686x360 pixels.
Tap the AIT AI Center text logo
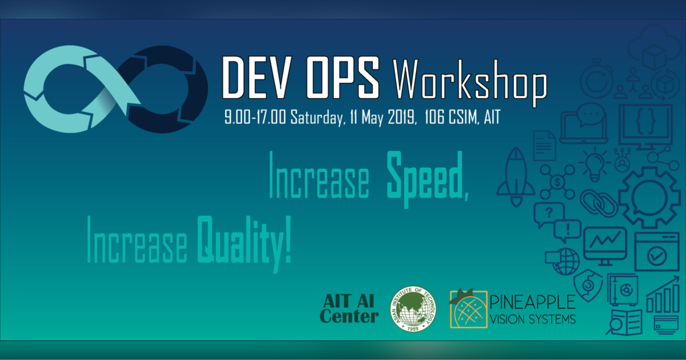(x=350, y=308)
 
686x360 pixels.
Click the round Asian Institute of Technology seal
(x=412, y=309)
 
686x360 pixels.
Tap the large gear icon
(x=648, y=197)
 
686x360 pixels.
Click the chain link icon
(x=599, y=204)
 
